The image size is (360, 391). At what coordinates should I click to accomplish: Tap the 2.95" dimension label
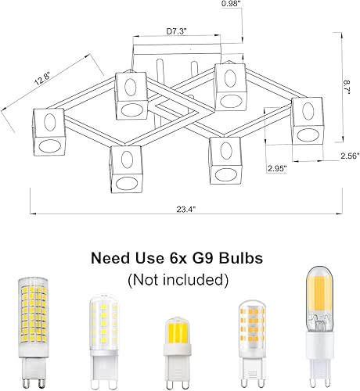tap(276, 168)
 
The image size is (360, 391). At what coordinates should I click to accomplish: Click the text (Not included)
tap(179, 278)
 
